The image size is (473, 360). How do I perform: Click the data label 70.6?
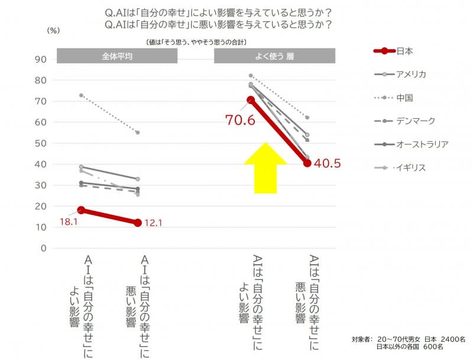[x=239, y=120]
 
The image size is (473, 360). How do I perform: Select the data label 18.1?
[x=70, y=222]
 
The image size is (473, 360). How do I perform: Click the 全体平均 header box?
[x=117, y=56]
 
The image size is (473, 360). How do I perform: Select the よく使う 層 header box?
[x=275, y=56]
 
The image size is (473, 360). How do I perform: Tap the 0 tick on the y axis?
[x=43, y=248]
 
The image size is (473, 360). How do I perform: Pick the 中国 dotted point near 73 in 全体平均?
[x=81, y=95]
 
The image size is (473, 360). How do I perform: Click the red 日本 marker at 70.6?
[x=251, y=100]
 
